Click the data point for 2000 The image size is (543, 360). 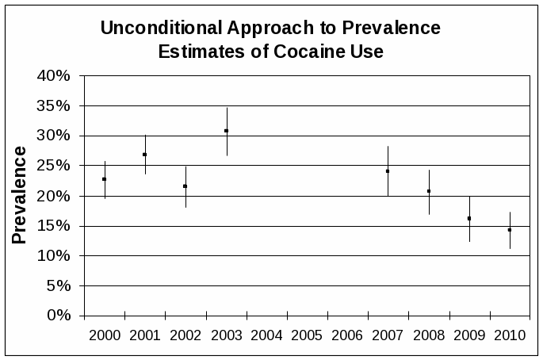click(x=104, y=179)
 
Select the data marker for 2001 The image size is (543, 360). click(x=145, y=155)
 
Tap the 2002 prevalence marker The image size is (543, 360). click(x=185, y=186)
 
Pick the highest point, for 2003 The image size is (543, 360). click(x=226, y=131)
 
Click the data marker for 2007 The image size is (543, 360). click(x=388, y=171)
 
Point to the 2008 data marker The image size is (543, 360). click(x=429, y=191)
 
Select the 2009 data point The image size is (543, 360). click(x=469, y=218)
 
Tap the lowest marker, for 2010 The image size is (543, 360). click(x=510, y=230)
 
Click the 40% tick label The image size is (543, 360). click(x=55, y=75)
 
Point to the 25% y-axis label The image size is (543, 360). click(x=55, y=166)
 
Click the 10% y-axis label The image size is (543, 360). click(x=55, y=255)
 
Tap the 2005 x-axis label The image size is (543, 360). click(x=307, y=335)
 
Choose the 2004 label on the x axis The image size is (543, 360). click(x=266, y=335)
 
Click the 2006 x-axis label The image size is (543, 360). click(x=347, y=335)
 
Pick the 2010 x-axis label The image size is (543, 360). click(x=510, y=335)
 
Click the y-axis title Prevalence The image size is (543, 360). click(x=19, y=195)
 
